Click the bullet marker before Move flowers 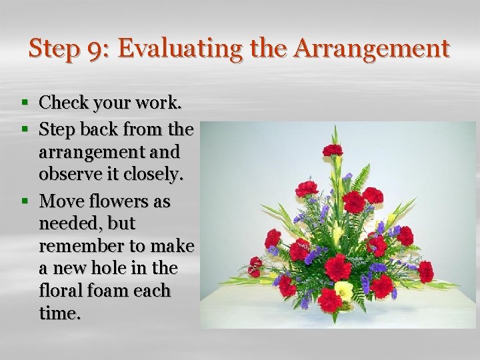click(25, 201)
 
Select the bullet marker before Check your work click(25, 103)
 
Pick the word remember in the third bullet click(85, 246)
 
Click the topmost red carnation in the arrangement click(332, 151)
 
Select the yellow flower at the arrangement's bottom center click(344, 290)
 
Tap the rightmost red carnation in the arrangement click(426, 271)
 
